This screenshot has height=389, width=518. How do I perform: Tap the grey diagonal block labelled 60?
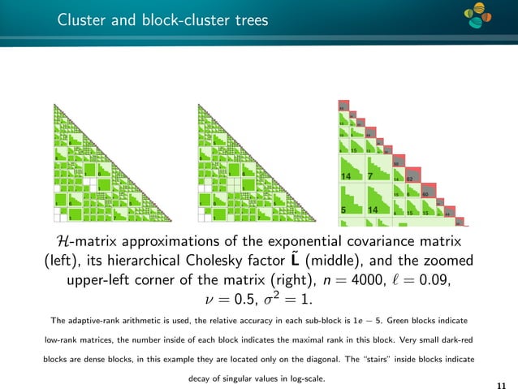[x=425, y=194]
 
